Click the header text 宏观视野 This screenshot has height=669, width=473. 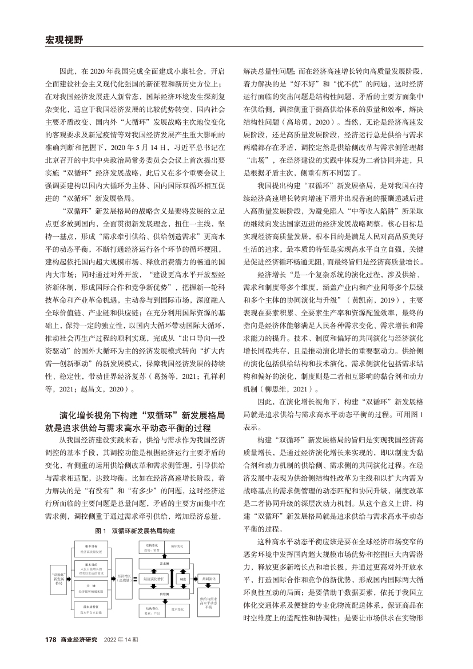[64, 39]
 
